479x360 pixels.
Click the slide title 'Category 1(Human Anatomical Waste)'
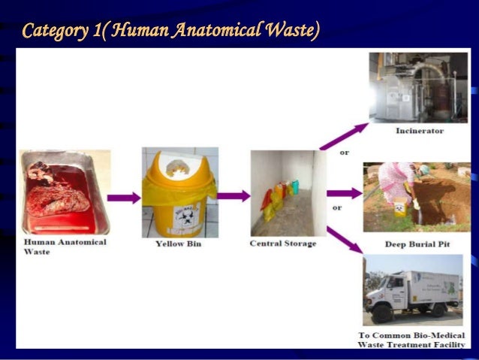click(171, 30)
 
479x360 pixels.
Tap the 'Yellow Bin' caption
click(179, 244)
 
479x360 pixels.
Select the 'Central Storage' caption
click(282, 244)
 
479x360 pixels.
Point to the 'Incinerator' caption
click(420, 131)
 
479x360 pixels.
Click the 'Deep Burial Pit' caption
click(417, 244)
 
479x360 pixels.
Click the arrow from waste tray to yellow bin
click(124, 198)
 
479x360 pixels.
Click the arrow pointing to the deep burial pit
click(345, 193)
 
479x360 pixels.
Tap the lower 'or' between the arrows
click(337, 207)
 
